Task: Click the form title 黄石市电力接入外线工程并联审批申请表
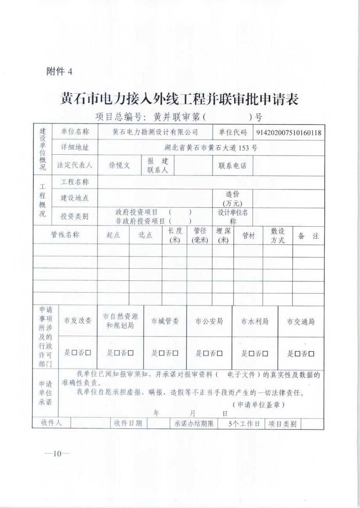[179, 99]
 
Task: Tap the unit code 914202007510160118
[289, 133]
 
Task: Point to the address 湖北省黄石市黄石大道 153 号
[211, 148]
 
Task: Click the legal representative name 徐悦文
[119, 165]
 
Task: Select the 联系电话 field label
[232, 165]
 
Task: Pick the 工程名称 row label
[74, 182]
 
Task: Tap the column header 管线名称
[65, 235]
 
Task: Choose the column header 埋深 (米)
[223, 235]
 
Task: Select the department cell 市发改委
[77, 321]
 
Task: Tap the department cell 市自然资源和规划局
[121, 321]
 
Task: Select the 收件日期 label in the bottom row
[128, 424]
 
